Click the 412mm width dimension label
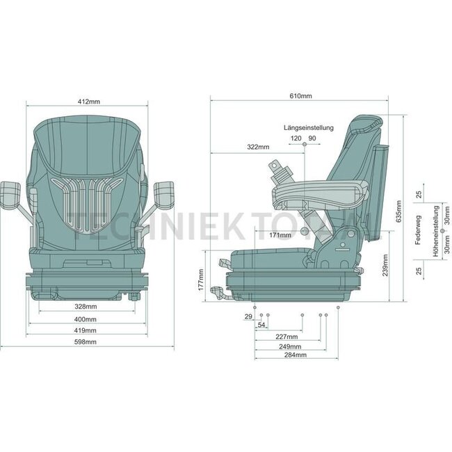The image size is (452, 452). [88, 102]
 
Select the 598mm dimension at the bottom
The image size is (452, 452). [86, 341]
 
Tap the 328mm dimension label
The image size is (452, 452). [86, 306]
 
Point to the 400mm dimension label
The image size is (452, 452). [86, 319]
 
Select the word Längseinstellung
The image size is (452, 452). [309, 128]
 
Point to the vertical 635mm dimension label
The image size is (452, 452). [398, 209]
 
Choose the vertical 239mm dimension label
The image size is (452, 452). [385, 266]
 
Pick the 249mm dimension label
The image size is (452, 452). [289, 346]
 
